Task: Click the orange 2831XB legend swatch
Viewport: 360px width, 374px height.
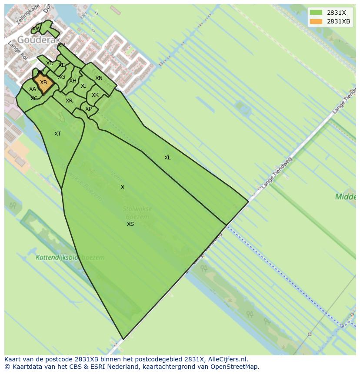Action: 316,22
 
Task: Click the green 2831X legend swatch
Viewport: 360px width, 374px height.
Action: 316,13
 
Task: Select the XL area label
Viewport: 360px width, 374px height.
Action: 167,158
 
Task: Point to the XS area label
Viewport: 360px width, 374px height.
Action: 130,224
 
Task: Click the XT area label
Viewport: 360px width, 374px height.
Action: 58,134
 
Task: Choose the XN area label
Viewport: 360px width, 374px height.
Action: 99,78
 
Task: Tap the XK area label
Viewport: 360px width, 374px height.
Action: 95,95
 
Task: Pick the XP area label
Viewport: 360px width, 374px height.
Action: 89,109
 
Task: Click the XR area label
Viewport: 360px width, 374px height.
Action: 69,101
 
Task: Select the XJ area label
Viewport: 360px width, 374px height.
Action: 83,86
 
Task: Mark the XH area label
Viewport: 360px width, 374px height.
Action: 73,81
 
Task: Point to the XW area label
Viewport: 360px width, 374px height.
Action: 36,29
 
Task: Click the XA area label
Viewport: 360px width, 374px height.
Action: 33,89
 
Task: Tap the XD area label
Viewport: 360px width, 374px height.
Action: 50,63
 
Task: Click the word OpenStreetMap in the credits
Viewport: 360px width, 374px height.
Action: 235,367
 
